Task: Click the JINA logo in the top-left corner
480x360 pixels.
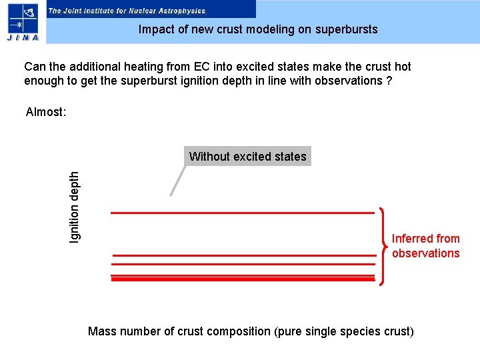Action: point(23,22)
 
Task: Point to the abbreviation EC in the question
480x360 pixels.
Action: point(201,67)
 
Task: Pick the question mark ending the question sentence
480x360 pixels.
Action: point(389,81)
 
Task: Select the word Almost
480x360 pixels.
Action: point(45,112)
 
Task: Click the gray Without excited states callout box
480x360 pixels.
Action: point(247,157)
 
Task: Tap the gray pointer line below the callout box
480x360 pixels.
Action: point(177,181)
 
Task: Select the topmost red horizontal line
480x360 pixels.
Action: point(241,213)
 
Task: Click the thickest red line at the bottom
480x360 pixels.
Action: point(243,279)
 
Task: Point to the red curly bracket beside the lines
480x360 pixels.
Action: point(383,247)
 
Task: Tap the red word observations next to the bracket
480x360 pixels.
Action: point(425,253)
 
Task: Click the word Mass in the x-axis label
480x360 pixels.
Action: point(101,331)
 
